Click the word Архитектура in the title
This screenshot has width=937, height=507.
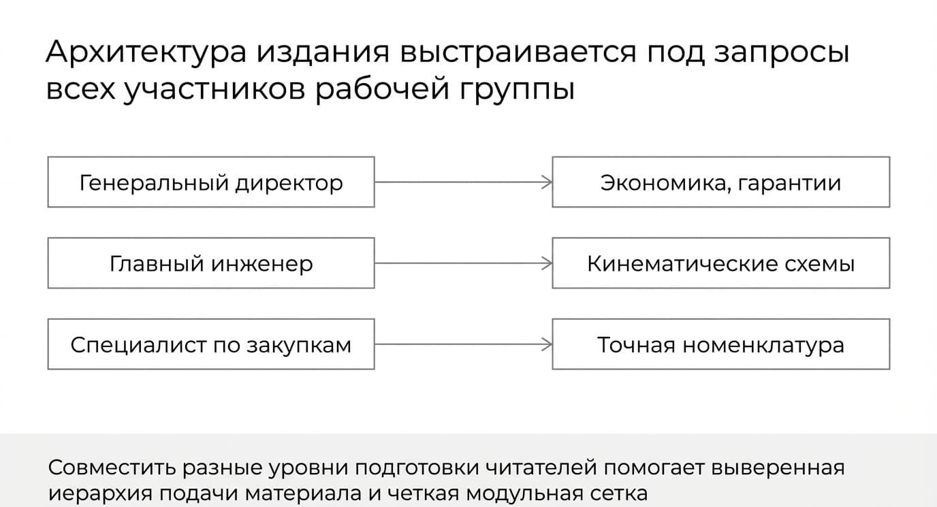(146, 52)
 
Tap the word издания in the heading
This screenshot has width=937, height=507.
(323, 52)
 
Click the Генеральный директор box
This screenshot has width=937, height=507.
(211, 182)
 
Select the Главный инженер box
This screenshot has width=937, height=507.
(211, 263)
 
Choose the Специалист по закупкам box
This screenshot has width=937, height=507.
(211, 344)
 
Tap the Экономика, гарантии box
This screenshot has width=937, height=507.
(720, 182)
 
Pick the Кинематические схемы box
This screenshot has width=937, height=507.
(720, 263)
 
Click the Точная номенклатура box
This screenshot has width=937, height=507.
(720, 344)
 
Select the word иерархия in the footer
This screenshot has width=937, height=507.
(100, 493)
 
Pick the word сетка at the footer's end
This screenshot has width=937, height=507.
(619, 493)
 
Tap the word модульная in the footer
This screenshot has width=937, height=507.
(524, 493)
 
